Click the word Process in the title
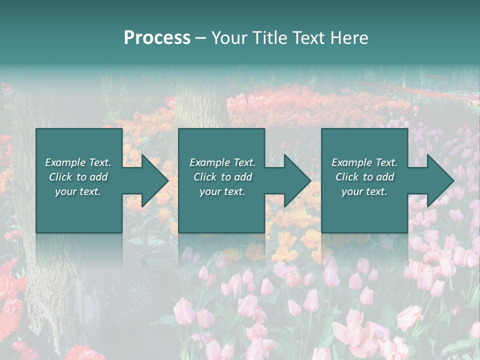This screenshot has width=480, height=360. [x=157, y=38]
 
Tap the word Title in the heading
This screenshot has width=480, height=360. [x=270, y=38]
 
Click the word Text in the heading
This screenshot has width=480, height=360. [x=309, y=38]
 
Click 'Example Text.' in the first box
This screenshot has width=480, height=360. [x=78, y=162]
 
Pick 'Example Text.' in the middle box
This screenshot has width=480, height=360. [x=222, y=162]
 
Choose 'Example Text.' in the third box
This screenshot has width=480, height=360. [x=364, y=162]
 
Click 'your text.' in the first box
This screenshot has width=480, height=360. [x=78, y=191]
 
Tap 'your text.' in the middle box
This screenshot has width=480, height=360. [x=222, y=191]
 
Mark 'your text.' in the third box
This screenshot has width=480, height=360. [x=364, y=191]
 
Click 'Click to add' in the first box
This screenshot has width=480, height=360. [x=78, y=177]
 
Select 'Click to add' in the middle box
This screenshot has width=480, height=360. [x=222, y=177]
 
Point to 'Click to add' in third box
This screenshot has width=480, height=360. [x=364, y=177]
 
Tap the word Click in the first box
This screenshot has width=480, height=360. [x=60, y=177]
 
